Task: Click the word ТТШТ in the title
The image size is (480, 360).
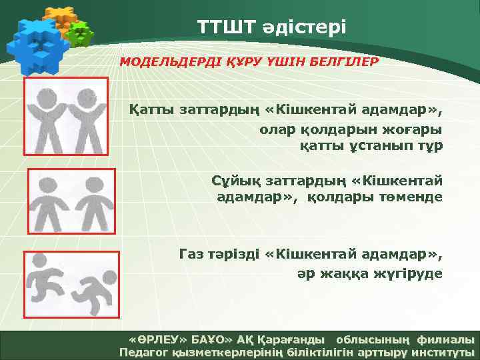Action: tap(224, 27)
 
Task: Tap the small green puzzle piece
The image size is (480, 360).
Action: tap(80, 33)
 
